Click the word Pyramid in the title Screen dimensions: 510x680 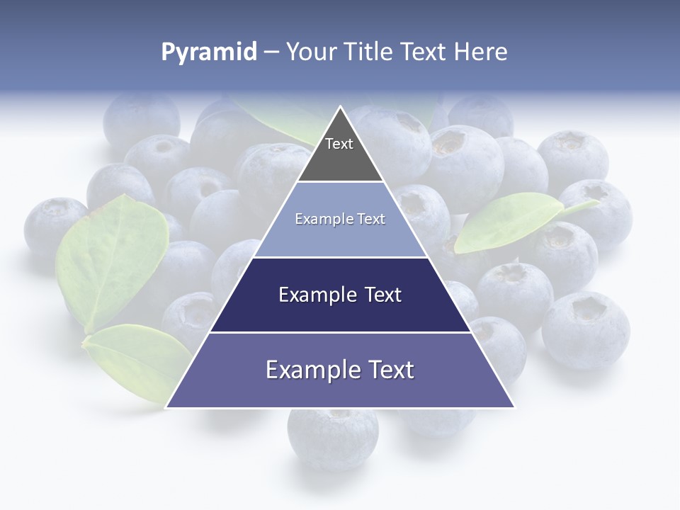tap(208, 52)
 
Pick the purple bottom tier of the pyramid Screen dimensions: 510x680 tap(340, 379)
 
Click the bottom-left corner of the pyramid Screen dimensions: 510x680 tap(167, 407)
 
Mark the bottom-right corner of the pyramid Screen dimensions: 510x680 tap(514, 407)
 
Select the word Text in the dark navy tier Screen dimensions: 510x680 tap(383, 295)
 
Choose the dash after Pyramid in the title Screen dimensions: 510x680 tap(271, 52)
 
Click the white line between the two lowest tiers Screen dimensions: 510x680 tap(340, 332)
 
